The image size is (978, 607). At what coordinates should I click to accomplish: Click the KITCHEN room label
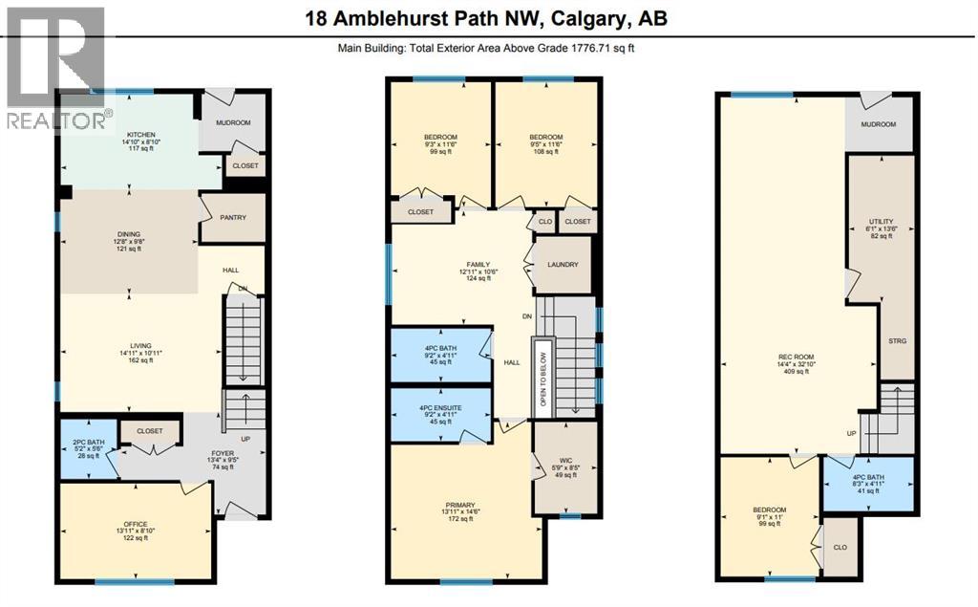tap(140, 135)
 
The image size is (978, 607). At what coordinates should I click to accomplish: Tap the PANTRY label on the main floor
tap(233, 218)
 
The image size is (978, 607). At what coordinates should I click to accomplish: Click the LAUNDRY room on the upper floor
tap(563, 265)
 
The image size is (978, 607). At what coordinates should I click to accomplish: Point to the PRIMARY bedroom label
tap(460, 506)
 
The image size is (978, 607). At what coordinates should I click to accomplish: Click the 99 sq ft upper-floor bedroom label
tap(441, 138)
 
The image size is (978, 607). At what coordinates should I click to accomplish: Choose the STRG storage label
tap(896, 340)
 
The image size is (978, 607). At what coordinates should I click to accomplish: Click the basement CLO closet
tap(840, 548)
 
